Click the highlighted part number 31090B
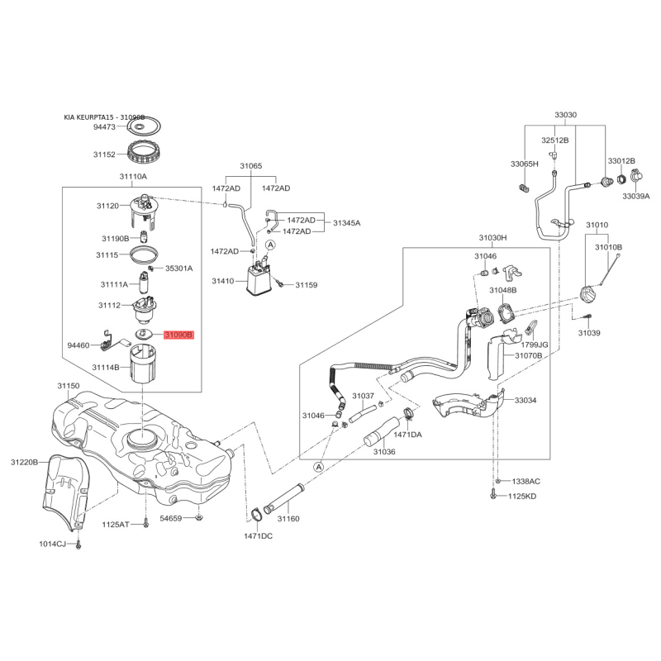[x=178, y=335]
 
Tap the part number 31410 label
[x=222, y=281]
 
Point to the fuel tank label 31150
[x=69, y=386]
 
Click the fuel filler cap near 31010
[x=591, y=296]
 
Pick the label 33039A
[x=636, y=197]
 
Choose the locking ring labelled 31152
[x=147, y=153]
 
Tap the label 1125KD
[x=521, y=496]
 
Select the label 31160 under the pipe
[x=288, y=519]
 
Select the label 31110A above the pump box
[x=133, y=177]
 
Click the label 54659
[x=170, y=519]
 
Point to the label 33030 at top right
[x=565, y=114]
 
